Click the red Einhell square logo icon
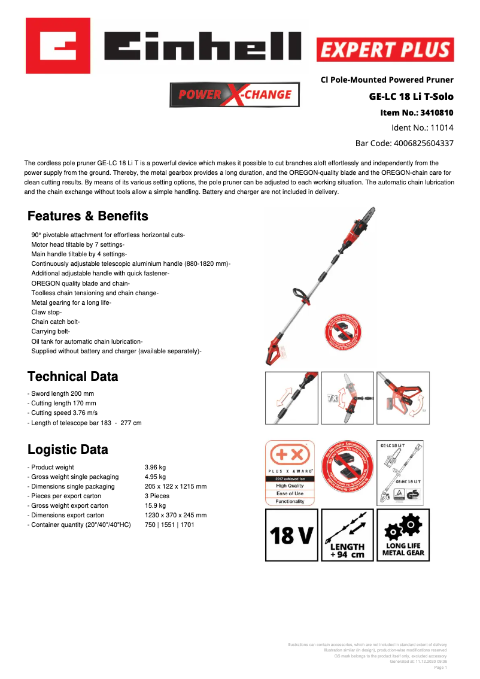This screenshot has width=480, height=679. [x=58, y=46]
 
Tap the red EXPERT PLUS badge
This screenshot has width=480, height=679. [x=385, y=50]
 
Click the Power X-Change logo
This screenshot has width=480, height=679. [x=234, y=95]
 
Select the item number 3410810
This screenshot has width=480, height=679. [x=417, y=112]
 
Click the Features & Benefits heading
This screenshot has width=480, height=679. [x=88, y=216]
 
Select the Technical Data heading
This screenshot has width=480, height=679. [x=72, y=377]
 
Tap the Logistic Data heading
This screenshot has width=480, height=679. [x=68, y=450]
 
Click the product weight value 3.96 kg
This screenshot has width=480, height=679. [x=155, y=467]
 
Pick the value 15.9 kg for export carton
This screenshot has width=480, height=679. [x=155, y=505]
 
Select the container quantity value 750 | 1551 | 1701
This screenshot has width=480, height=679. [x=169, y=525]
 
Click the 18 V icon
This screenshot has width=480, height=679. [x=291, y=535]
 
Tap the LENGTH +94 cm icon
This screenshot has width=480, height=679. [x=347, y=535]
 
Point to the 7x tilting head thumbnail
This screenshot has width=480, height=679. [x=347, y=398]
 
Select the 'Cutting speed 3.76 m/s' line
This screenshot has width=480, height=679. [x=62, y=413]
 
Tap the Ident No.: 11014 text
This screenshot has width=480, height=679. [x=422, y=128]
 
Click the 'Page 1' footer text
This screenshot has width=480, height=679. [x=440, y=667]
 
